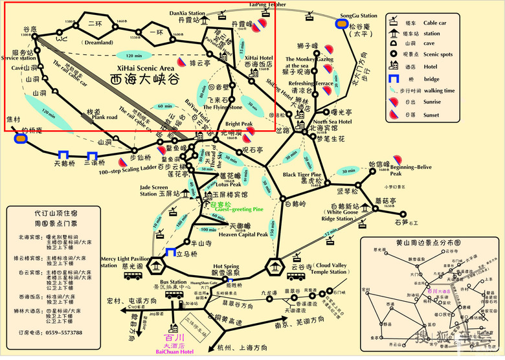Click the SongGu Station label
click(359, 16)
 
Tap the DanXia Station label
click(188, 12)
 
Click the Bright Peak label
click(239, 124)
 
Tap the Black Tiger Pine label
click(302, 175)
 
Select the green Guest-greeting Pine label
click(240, 209)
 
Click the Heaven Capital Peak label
click(243, 234)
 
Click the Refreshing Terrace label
click(311, 84)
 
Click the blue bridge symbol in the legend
click(393, 79)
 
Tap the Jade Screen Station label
click(157, 190)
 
